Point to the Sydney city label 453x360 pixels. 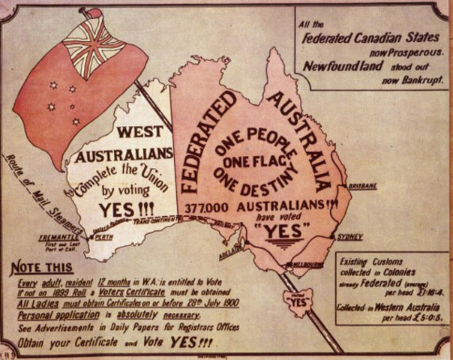pos(351,237)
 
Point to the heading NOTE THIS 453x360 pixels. pos(42,268)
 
